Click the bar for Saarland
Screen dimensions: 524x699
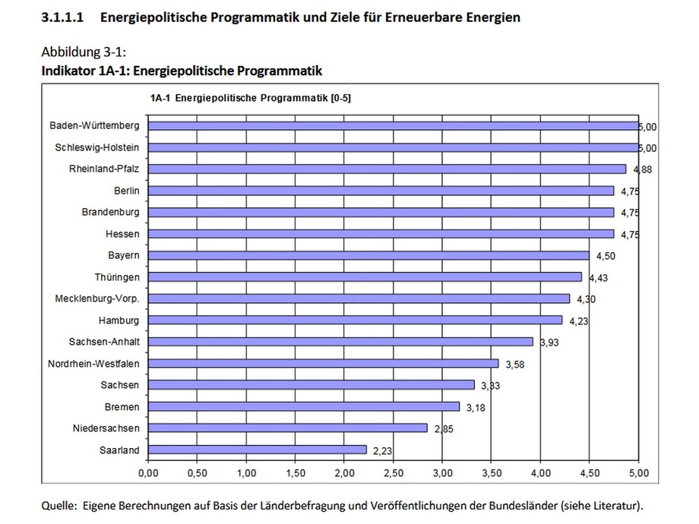[257, 450]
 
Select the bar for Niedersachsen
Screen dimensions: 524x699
[287, 428]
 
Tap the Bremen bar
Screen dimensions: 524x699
[303, 406]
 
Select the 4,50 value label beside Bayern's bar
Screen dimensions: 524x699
[603, 256]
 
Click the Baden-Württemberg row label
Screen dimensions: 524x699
[95, 125]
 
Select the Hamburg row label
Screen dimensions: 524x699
[119, 320]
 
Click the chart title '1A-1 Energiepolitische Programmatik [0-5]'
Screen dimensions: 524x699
[250, 97]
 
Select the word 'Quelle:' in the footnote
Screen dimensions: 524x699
[60, 505]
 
